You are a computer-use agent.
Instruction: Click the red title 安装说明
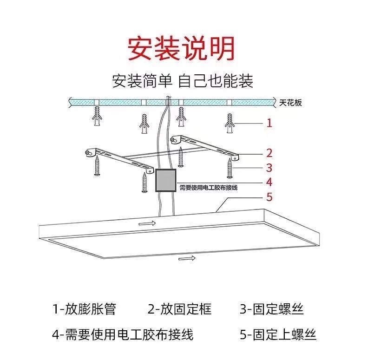click(182, 48)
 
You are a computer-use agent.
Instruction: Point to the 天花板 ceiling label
click(291, 103)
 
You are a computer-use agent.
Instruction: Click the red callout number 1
click(269, 123)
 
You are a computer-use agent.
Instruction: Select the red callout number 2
click(269, 153)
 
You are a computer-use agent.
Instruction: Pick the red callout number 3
click(269, 168)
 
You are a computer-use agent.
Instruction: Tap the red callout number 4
click(269, 182)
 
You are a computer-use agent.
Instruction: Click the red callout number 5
click(269, 197)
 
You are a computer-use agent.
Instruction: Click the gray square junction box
click(166, 181)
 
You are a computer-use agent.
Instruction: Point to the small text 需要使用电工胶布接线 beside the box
click(209, 187)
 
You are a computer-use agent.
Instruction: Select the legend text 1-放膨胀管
click(84, 309)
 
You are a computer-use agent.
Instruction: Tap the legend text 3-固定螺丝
click(272, 309)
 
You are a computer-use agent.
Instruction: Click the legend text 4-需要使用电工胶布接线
click(123, 334)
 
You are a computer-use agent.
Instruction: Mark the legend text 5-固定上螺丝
click(278, 334)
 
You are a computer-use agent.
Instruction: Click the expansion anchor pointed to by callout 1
click(229, 123)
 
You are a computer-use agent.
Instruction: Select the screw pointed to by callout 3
click(229, 168)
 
